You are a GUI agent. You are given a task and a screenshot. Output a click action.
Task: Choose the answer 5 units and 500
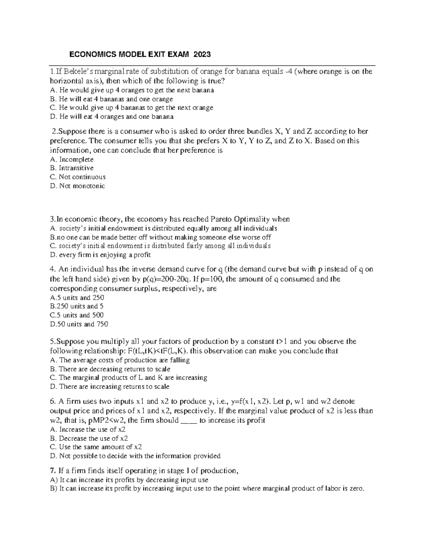[77, 315]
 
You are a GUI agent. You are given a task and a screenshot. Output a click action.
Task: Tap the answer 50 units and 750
[79, 324]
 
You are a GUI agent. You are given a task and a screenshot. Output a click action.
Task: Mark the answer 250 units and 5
[77, 306]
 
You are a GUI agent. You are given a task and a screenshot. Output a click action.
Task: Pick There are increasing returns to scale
[110, 386]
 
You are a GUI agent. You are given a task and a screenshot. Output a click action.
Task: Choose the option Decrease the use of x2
[89, 438]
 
